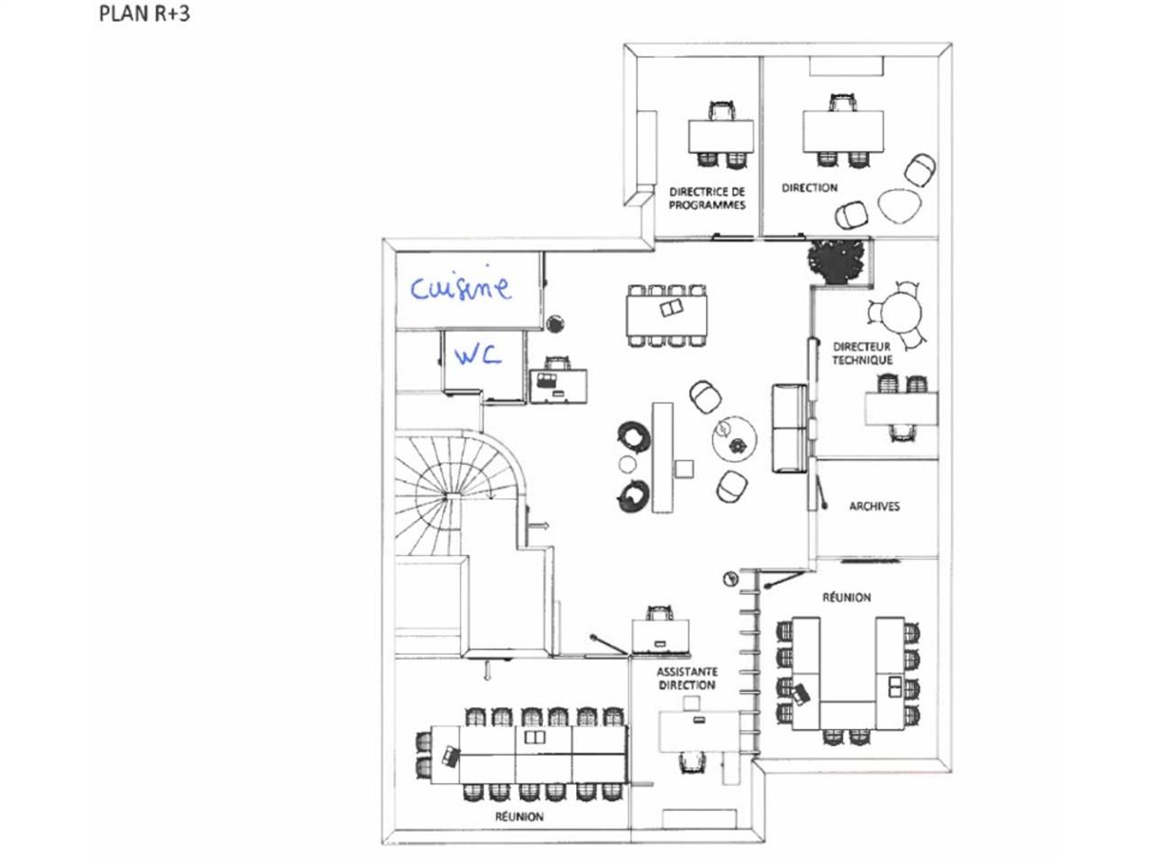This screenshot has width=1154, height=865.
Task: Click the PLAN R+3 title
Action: pyautogui.click(x=144, y=14)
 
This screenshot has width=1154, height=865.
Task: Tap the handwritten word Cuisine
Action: pyautogui.click(x=461, y=287)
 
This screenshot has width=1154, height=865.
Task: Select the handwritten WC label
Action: pyautogui.click(x=477, y=356)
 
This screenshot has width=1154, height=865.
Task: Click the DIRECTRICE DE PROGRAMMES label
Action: pyautogui.click(x=707, y=198)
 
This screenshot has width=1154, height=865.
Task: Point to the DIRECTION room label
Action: pyautogui.click(x=809, y=188)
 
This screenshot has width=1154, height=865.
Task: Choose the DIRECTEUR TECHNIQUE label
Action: pyautogui.click(x=862, y=353)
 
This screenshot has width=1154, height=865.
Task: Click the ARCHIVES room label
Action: pyautogui.click(x=874, y=506)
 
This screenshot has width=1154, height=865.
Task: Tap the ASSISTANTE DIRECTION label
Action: pyautogui.click(x=687, y=678)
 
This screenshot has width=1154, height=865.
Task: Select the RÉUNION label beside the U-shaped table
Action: pyautogui.click(x=847, y=597)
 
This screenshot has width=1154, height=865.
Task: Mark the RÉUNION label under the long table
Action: pyautogui.click(x=519, y=816)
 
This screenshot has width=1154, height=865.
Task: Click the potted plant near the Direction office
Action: pyautogui.click(x=838, y=259)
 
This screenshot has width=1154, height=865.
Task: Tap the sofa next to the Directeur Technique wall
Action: pyautogui.click(x=789, y=428)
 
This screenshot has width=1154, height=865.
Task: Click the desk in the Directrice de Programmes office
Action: pyautogui.click(x=720, y=136)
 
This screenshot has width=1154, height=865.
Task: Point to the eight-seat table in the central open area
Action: pyautogui.click(x=667, y=315)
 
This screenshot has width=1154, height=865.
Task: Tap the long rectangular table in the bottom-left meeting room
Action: pyautogui.click(x=541, y=754)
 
